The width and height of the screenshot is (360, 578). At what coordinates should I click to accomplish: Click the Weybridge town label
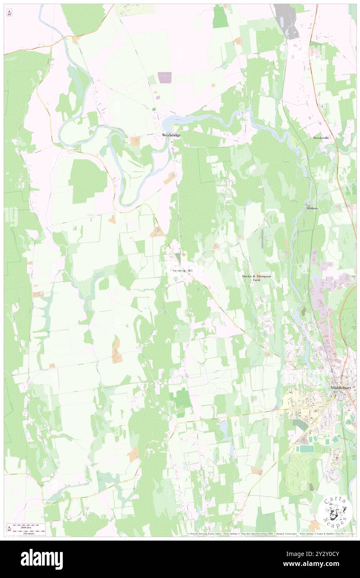point(171,136)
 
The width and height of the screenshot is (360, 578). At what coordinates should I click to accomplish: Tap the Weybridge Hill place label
point(182,270)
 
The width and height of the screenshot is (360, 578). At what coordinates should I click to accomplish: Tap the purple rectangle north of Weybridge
point(164,77)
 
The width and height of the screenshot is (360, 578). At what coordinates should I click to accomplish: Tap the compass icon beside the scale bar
point(9,529)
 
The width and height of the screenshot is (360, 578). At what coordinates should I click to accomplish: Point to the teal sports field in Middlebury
point(307,449)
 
